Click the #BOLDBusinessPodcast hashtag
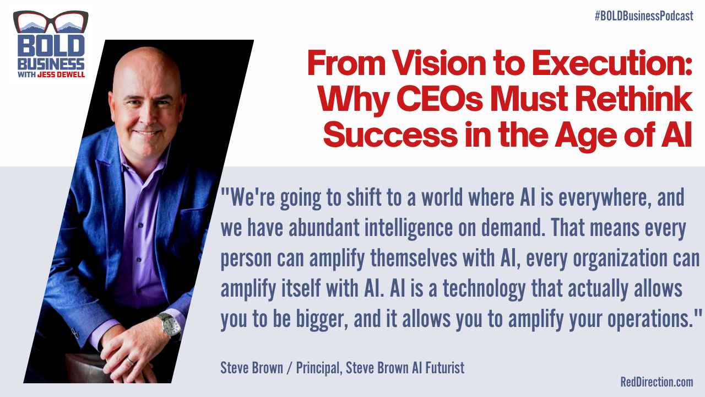click(x=643, y=16)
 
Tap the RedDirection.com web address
click(x=656, y=382)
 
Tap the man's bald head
click(x=146, y=74)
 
